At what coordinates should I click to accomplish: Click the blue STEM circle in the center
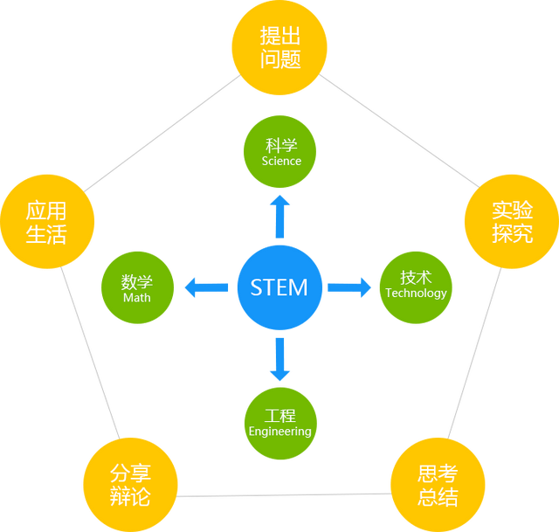[x=279, y=287]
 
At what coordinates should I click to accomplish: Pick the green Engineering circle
[x=279, y=422]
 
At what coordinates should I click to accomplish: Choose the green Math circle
[x=137, y=287]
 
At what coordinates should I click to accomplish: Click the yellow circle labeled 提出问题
[x=279, y=48]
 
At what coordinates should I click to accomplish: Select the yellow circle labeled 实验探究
[x=511, y=223]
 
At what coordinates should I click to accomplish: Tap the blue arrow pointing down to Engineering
[x=279, y=358]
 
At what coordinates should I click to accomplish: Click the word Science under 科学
[x=280, y=161]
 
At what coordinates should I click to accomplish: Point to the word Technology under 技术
[x=416, y=294]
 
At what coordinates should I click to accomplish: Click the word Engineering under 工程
[x=279, y=432]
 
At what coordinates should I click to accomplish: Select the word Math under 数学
[x=137, y=297]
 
